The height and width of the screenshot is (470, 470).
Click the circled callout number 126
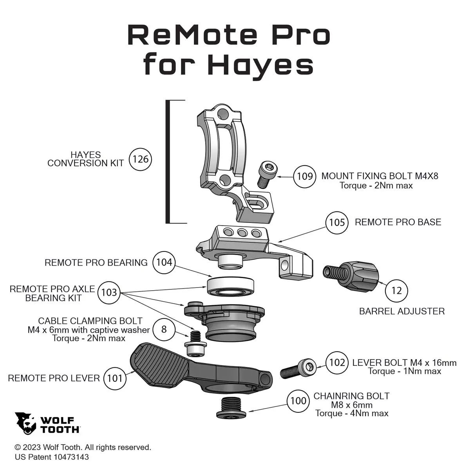tap(140, 159)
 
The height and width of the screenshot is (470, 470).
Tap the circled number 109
tap(305, 176)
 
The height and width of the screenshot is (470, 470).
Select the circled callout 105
tap(337, 222)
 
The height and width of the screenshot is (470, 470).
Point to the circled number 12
tap(397, 291)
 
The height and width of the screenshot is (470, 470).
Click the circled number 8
tap(164, 329)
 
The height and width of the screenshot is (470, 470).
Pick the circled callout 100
tap(298, 401)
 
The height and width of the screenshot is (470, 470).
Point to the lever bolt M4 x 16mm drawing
tap(298, 369)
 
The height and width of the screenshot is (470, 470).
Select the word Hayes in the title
tap(260, 64)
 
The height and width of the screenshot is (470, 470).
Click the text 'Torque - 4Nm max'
tap(352, 413)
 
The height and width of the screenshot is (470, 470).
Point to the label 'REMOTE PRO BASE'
tap(398, 222)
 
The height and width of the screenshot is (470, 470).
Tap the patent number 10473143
tap(71, 457)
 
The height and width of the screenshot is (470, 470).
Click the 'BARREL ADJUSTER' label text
tap(402, 311)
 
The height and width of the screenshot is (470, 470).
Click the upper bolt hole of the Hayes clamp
tap(222, 113)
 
